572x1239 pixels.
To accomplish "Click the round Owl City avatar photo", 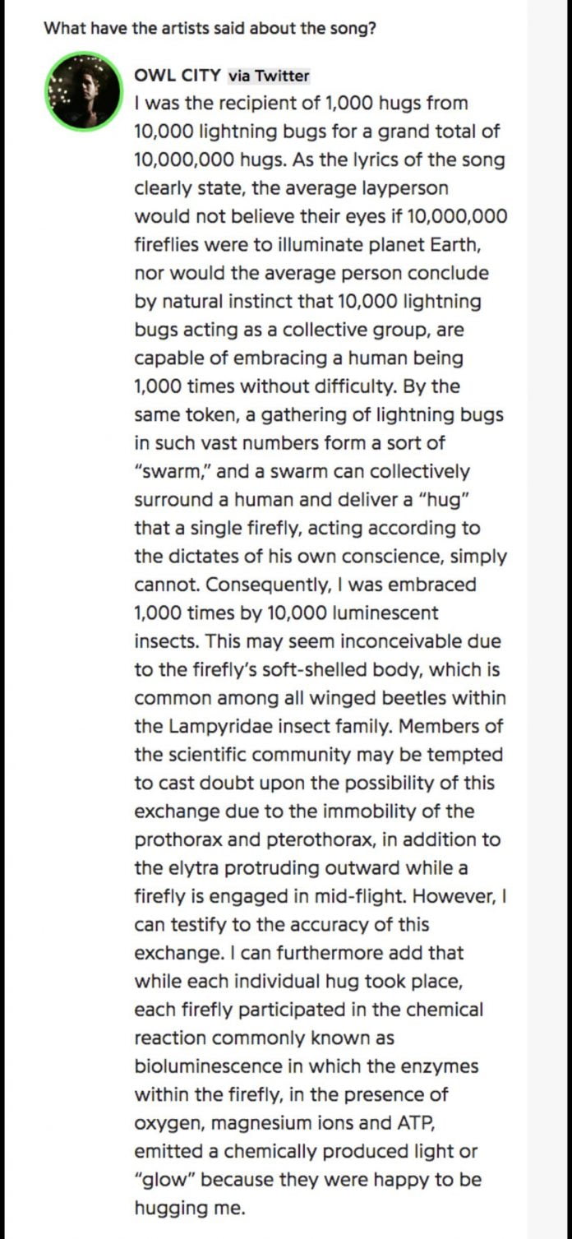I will (83, 91).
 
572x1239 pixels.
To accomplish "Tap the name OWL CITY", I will (177, 76).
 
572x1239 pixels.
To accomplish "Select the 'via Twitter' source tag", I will (269, 76).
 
